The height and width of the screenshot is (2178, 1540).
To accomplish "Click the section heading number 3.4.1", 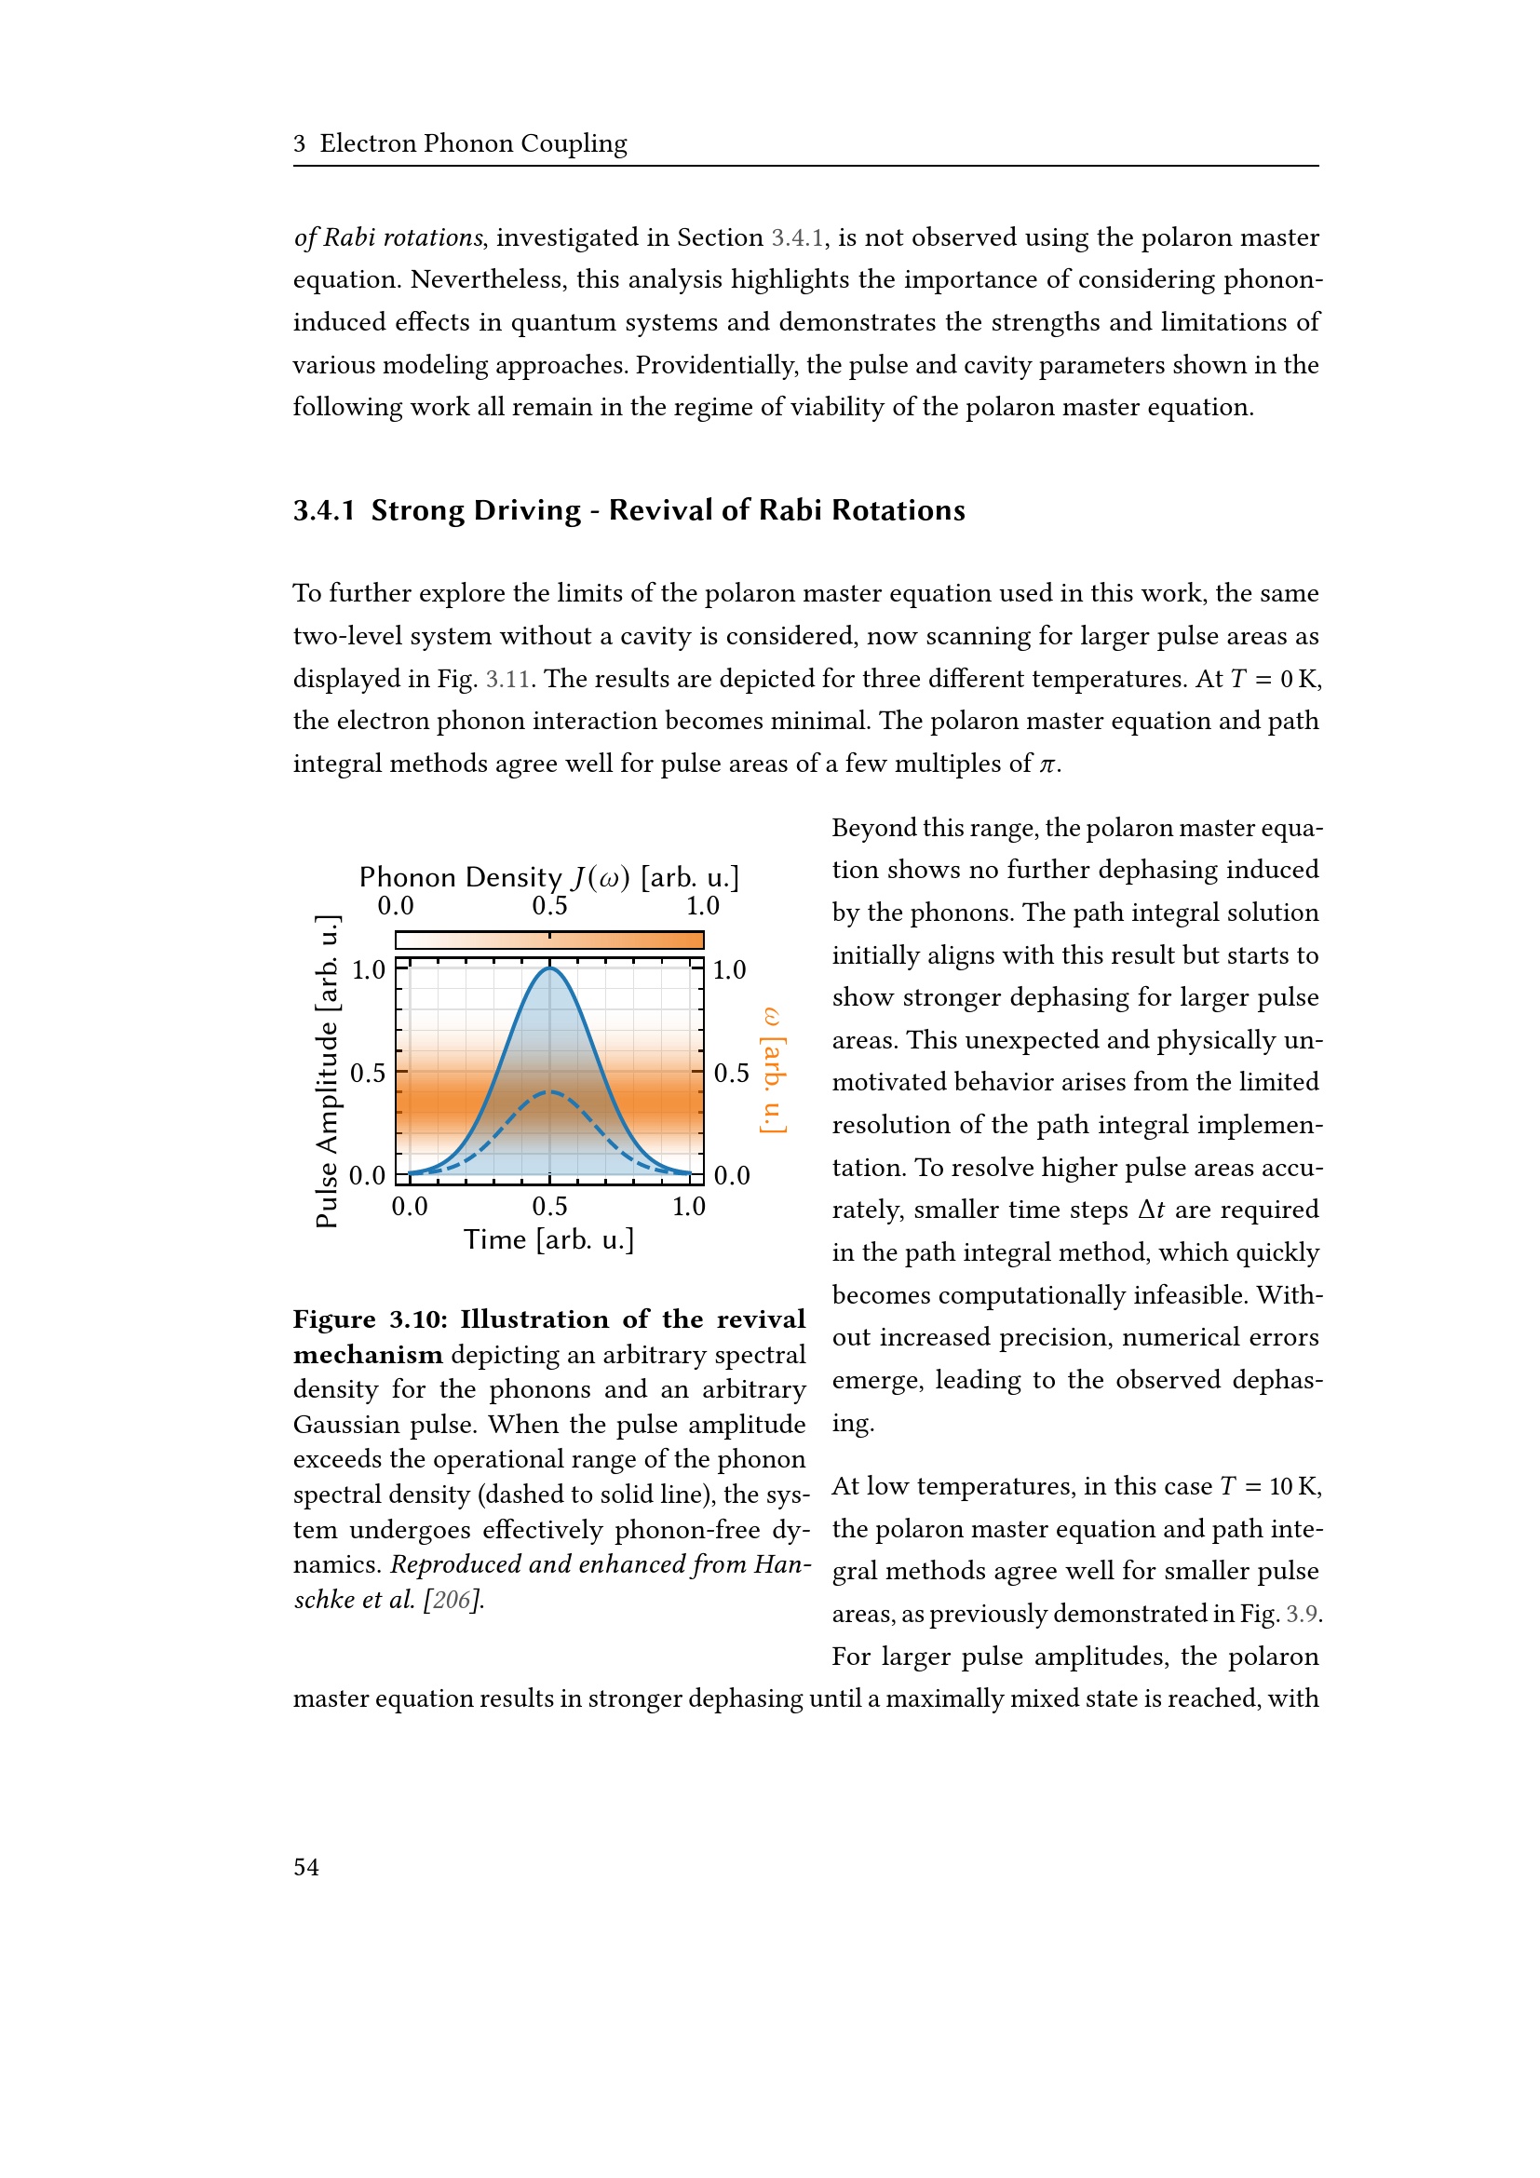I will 323,510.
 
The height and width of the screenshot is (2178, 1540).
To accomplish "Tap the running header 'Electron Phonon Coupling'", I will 472,143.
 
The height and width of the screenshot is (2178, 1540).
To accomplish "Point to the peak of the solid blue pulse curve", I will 549,967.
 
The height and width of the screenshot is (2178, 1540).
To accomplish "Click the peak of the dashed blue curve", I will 549,1093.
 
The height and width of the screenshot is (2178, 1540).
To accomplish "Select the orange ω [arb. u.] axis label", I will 773,1070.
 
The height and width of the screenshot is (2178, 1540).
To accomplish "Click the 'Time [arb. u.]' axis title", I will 548,1239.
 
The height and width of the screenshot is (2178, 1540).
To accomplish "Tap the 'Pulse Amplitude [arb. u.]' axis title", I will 327,1071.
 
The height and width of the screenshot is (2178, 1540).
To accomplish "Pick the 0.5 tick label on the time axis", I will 549,1207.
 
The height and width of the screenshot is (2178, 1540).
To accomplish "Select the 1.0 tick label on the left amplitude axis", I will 368,970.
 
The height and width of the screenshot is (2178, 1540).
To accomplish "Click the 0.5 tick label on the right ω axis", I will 731,1073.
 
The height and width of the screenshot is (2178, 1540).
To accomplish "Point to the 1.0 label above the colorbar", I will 703,906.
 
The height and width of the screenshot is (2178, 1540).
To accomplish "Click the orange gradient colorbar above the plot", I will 549,940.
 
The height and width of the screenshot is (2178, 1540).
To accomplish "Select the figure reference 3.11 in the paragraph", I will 507,679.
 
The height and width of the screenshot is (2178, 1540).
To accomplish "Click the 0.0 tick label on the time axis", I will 410,1207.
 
